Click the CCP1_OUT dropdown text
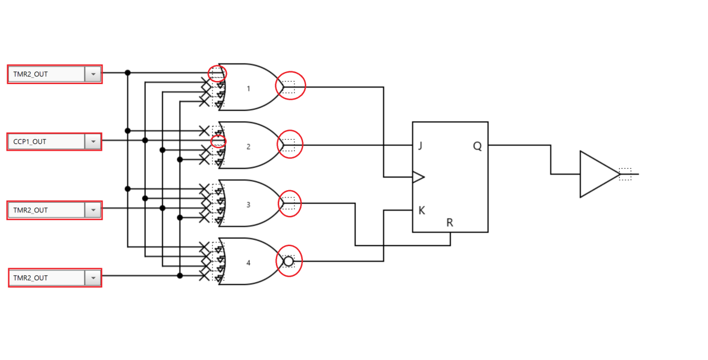pyautogui.click(x=30, y=142)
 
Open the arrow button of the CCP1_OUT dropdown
pyautogui.click(x=93, y=142)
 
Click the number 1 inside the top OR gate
pyautogui.click(x=248, y=89)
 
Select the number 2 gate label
pyautogui.click(x=248, y=146)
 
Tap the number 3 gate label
pyautogui.click(x=248, y=205)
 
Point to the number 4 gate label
pyautogui.click(x=248, y=263)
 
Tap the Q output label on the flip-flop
pyautogui.click(x=477, y=146)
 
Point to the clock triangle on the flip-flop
pyautogui.click(x=418, y=177)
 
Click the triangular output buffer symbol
pyautogui.click(x=597, y=174)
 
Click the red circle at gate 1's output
pyautogui.click(x=290, y=86)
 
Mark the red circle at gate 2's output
pyautogui.click(x=290, y=145)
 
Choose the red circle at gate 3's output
pyautogui.click(x=290, y=203)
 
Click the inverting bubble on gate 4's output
pyautogui.click(x=289, y=262)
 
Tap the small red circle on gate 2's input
pyautogui.click(x=219, y=141)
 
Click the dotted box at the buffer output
pyautogui.click(x=625, y=174)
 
